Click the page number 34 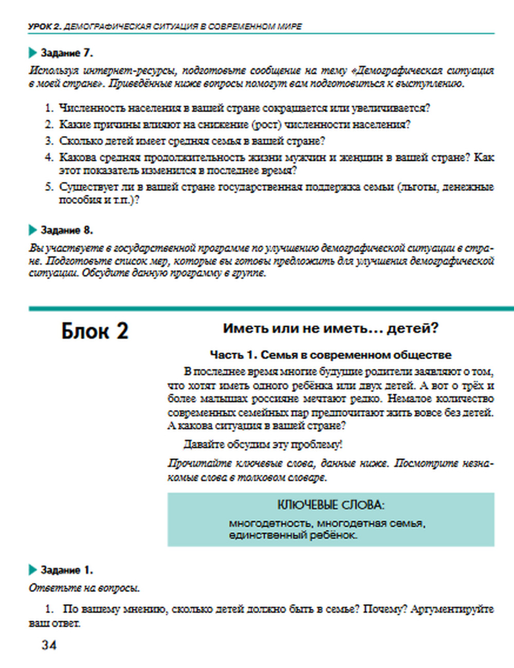tap(49, 645)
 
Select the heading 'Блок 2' tap(95, 331)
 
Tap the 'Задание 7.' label tap(66, 53)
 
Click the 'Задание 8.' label tap(66, 230)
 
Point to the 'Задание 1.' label tap(66, 570)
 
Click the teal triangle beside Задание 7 tap(33, 53)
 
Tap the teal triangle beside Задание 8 tap(33, 230)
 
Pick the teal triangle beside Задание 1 tap(33, 570)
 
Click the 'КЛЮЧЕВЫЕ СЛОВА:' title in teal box tap(331, 505)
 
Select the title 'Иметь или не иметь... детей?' tap(331, 328)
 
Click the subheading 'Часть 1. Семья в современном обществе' tap(331, 355)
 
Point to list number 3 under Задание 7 tap(49, 141)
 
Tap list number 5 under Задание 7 tap(49, 187)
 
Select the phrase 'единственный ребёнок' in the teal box tap(293, 535)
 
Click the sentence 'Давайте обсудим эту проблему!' tap(263, 444)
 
